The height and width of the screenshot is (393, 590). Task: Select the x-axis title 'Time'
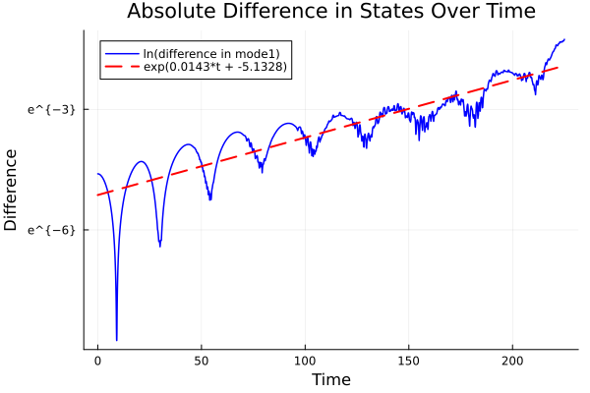330,379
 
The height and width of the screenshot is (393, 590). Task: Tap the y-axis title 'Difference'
12,189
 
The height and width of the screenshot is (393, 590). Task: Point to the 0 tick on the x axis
97,363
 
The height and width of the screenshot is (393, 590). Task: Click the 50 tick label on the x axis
202,363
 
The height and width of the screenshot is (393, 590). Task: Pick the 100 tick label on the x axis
305,363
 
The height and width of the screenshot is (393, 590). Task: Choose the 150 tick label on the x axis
409,363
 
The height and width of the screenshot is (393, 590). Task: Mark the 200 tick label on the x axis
512,363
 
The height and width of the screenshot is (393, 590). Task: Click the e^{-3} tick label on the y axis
51,109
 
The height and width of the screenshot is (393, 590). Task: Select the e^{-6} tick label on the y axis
51,229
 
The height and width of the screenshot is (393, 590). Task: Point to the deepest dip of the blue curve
116,340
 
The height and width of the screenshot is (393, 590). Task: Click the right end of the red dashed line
559,67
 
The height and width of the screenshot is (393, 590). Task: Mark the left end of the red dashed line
97,195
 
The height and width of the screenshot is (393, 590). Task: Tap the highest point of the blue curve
564,39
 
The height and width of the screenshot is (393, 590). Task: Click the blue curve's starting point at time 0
97,174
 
